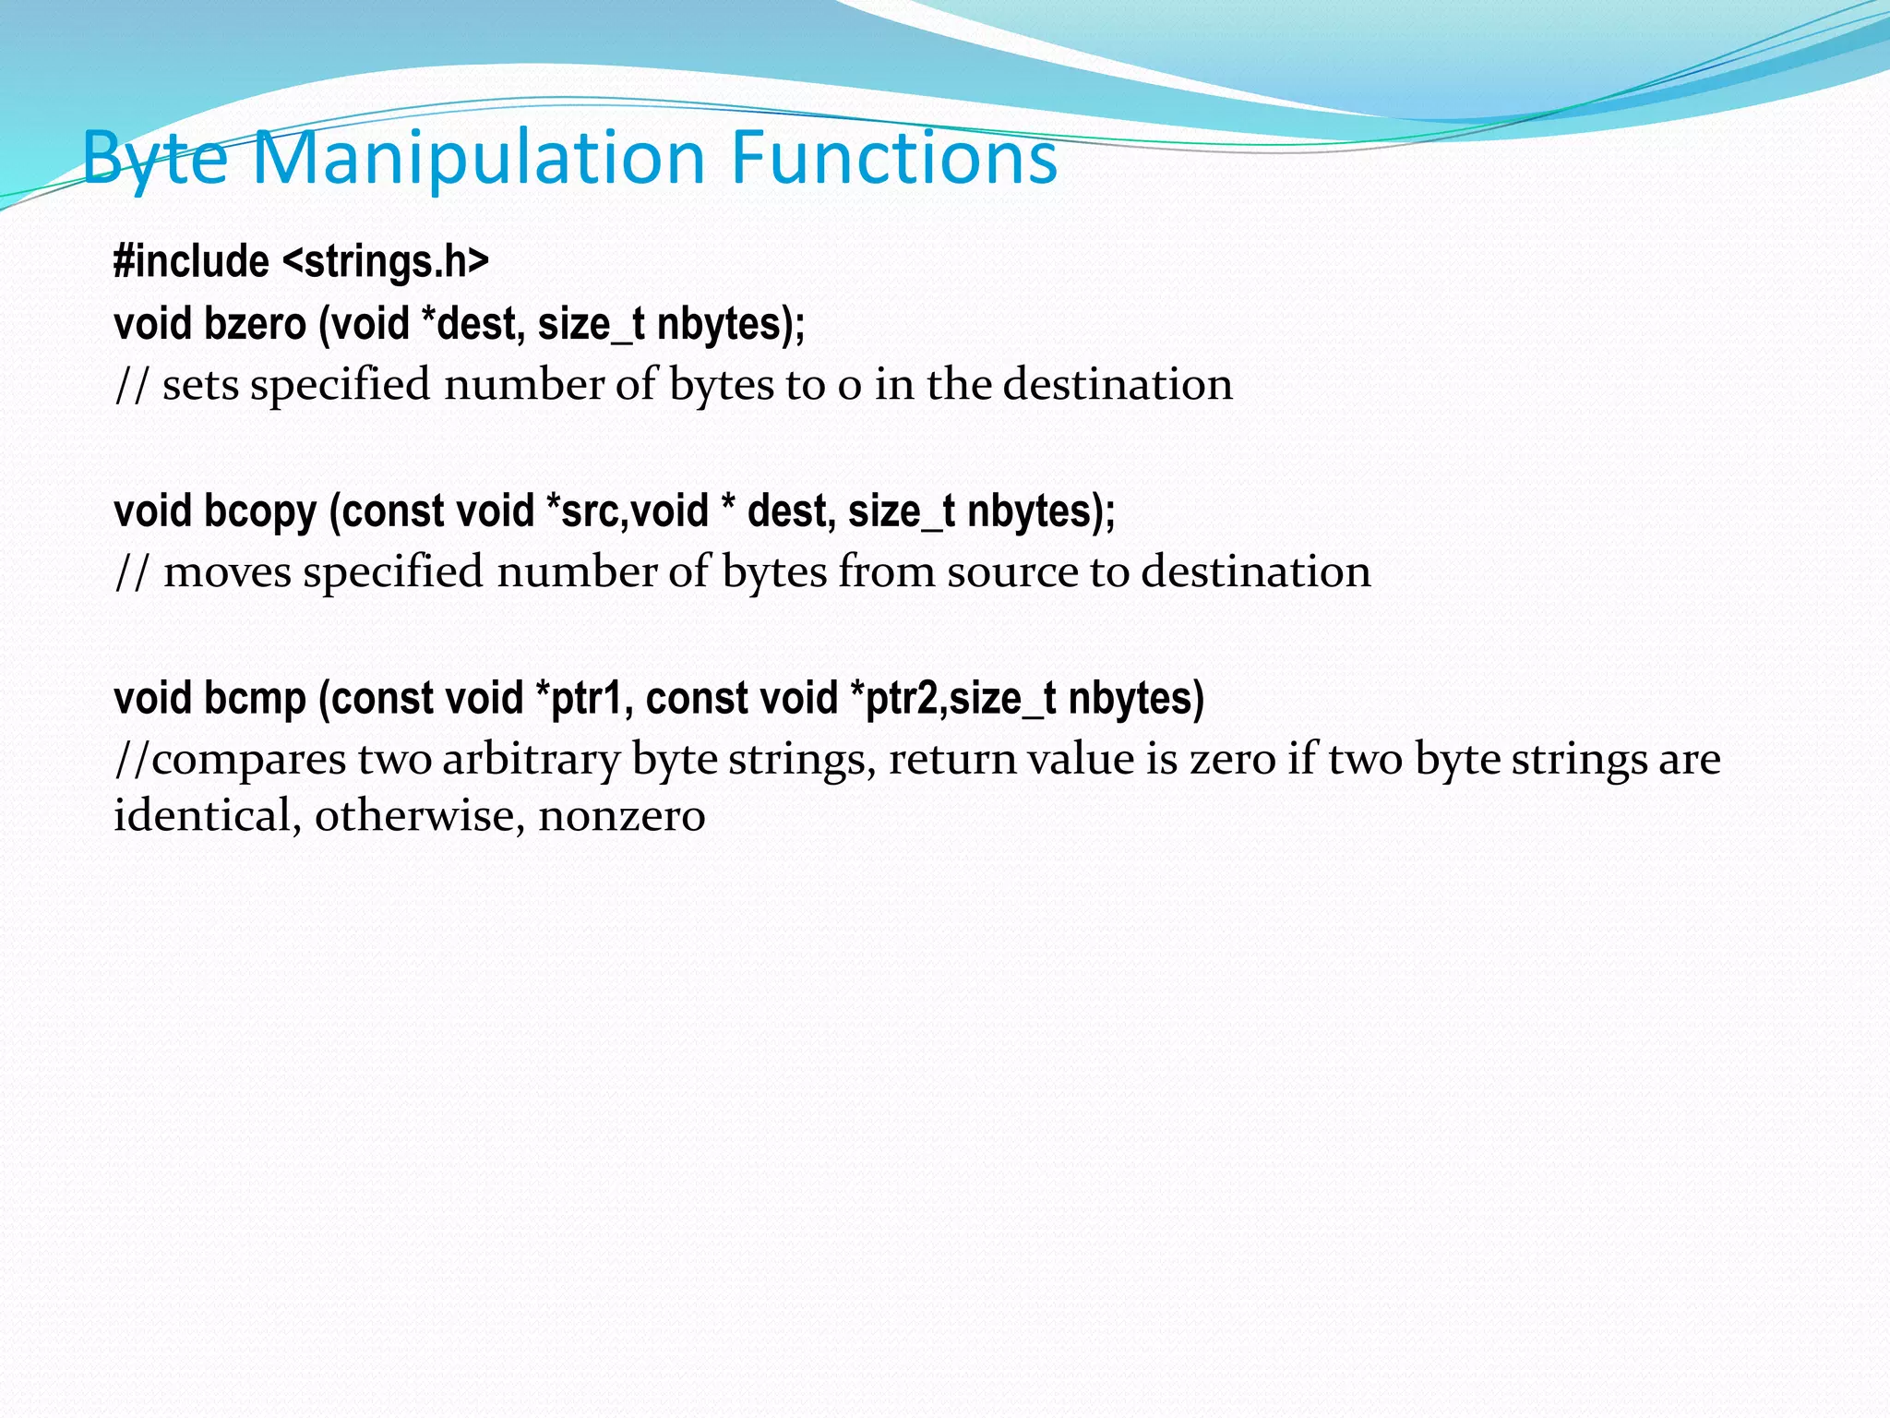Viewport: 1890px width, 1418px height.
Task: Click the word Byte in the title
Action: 155,159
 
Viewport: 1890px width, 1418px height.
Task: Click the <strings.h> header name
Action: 386,261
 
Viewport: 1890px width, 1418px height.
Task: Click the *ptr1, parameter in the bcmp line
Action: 584,698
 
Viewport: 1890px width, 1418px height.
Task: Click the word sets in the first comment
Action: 200,385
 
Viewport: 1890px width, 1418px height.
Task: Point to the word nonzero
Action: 622,816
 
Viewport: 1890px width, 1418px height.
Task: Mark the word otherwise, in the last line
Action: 420,816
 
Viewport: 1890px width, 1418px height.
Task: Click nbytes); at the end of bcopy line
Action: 1041,511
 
